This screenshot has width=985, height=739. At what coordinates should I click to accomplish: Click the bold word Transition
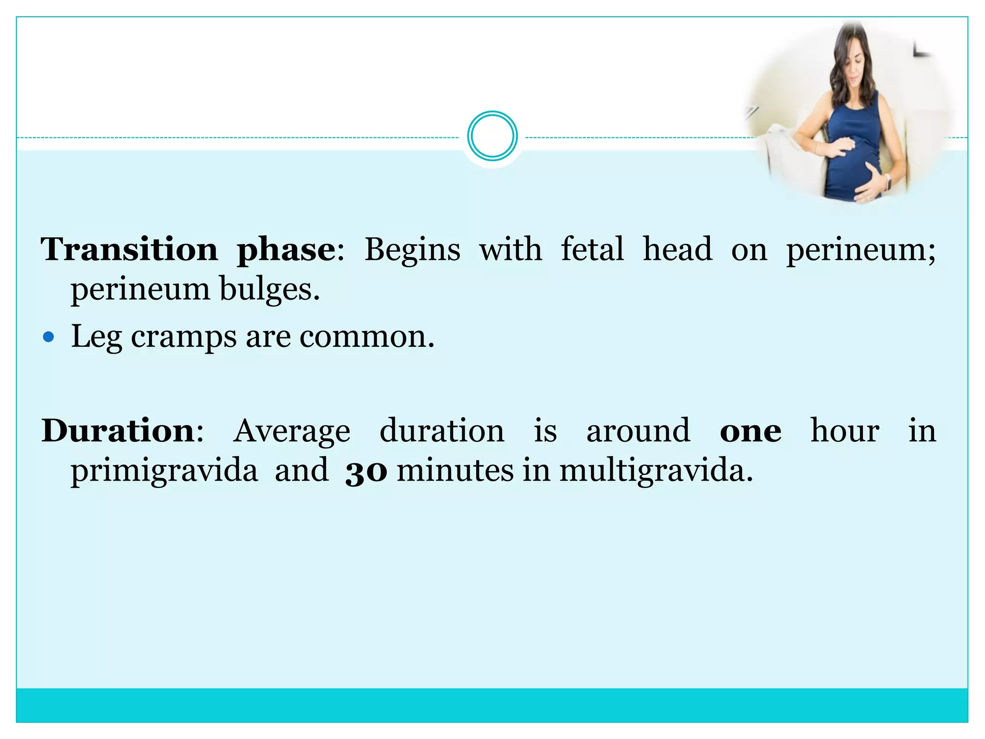click(129, 249)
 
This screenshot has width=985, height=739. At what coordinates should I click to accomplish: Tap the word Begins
click(412, 250)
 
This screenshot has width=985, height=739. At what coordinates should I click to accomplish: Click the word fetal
click(592, 249)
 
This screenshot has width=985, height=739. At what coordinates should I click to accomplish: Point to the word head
click(677, 249)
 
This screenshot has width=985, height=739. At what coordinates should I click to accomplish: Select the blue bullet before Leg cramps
click(49, 337)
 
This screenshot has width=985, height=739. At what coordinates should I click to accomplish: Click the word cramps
click(184, 337)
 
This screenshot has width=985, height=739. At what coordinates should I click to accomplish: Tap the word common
click(366, 337)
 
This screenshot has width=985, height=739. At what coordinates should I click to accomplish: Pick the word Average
click(292, 431)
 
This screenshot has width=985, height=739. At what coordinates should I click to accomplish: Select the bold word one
click(750, 431)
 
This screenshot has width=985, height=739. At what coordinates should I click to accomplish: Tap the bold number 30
click(366, 471)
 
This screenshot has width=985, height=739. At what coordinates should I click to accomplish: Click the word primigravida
click(164, 471)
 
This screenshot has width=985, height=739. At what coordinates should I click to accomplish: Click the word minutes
click(455, 471)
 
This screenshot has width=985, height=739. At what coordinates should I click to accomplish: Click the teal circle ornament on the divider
click(492, 136)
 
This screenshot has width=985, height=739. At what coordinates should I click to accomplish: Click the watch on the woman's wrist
click(887, 181)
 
